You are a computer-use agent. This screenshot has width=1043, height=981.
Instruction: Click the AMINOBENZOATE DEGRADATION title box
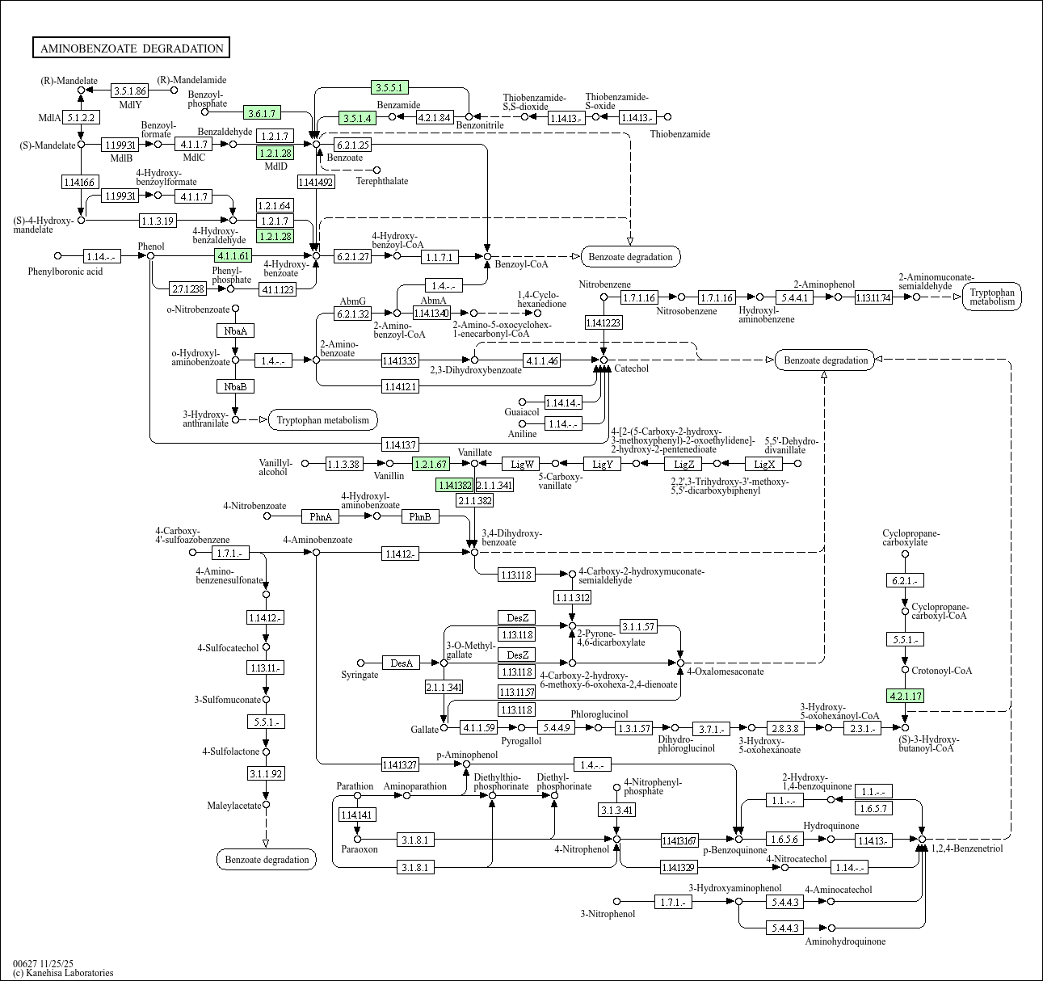click(x=131, y=48)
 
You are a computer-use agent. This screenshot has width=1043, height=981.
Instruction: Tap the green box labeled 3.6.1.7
click(x=263, y=113)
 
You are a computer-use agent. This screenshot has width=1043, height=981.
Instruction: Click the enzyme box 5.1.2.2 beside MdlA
click(x=82, y=118)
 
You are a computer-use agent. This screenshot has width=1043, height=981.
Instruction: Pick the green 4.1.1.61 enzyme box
click(x=233, y=256)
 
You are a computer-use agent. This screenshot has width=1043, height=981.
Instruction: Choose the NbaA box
click(x=236, y=331)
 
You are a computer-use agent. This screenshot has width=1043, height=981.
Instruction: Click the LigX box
click(x=764, y=464)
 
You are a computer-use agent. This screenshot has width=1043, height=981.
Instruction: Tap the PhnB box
click(x=419, y=516)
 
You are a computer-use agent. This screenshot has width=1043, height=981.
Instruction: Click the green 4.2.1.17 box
click(x=905, y=696)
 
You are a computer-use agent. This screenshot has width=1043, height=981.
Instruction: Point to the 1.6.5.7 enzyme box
click(x=873, y=808)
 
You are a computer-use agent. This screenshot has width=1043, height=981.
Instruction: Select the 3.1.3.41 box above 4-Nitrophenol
click(x=617, y=810)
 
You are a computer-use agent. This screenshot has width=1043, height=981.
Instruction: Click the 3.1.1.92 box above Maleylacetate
click(x=266, y=774)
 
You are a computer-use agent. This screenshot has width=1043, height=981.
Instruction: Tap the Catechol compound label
click(x=632, y=368)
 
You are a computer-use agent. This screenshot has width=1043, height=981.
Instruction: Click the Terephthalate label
click(x=382, y=181)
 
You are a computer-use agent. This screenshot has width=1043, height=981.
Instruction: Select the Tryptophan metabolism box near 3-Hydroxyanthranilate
click(x=323, y=419)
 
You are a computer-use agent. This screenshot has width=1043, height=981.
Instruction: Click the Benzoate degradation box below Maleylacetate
click(x=267, y=859)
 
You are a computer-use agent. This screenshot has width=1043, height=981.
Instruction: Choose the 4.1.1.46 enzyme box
click(x=541, y=360)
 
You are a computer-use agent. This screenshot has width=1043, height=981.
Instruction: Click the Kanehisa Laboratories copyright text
click(x=63, y=973)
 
